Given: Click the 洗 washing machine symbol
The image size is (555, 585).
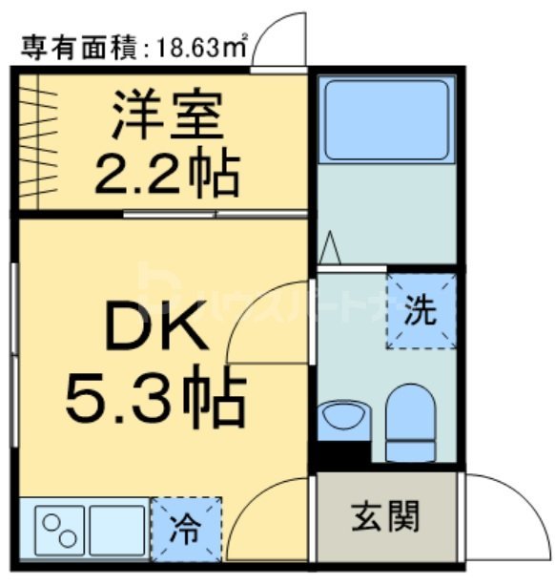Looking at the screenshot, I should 421,310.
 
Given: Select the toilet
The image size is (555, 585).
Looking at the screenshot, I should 409,420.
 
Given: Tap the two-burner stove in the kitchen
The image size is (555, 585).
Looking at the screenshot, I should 60,529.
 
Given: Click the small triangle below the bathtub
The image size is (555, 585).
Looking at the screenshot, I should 329,247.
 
